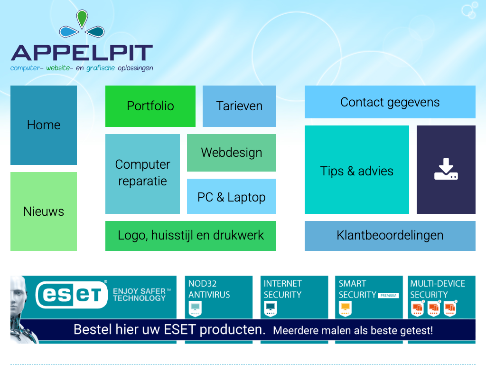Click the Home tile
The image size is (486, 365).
point(44,125)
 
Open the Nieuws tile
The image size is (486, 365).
point(44,211)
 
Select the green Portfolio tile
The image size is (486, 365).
point(150,106)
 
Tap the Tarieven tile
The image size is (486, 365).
point(239,106)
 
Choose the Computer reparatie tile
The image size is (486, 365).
point(142,174)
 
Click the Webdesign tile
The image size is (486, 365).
point(232,153)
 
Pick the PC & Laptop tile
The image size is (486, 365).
point(232,196)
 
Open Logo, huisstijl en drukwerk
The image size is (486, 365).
point(191,236)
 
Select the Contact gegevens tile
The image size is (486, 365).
point(390,102)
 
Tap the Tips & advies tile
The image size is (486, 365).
point(357,170)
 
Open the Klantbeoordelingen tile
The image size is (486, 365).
point(390,236)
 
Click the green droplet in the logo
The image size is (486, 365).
point(82,19)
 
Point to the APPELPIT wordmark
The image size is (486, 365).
point(82,53)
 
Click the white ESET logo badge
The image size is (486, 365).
point(72,295)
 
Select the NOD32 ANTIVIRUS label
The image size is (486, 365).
point(209,289)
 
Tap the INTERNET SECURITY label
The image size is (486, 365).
point(282,289)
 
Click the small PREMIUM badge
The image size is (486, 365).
point(388,296)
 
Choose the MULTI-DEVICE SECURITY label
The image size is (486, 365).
point(438,289)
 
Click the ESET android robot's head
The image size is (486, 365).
point(18,293)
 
